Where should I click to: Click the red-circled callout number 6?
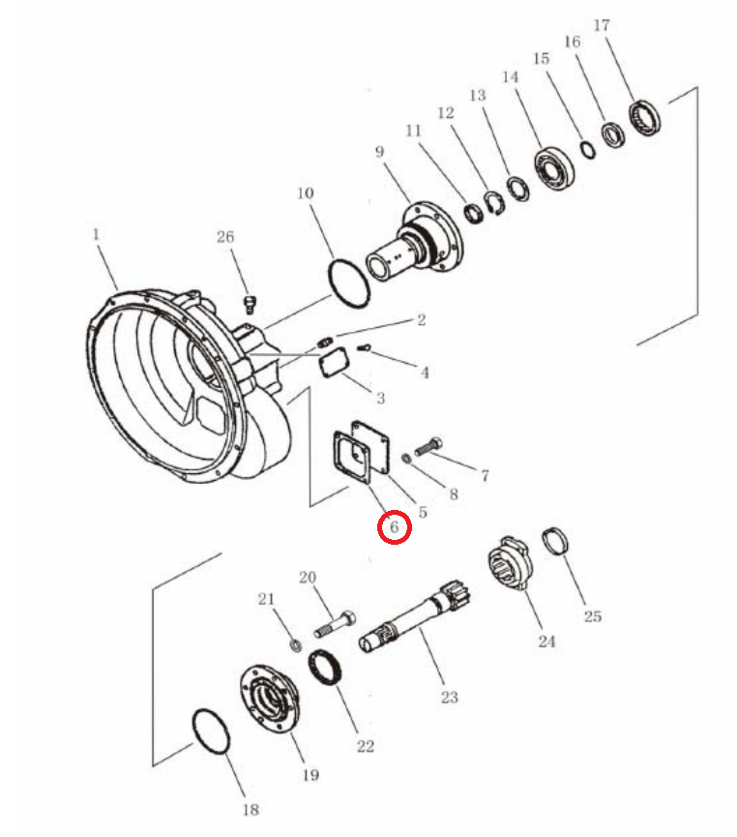coord(395,526)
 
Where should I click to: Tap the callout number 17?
coord(602,25)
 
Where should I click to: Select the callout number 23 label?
coord(450,697)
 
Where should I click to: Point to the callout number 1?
coord(96,234)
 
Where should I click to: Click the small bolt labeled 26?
coord(250,304)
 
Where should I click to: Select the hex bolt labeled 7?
coord(428,446)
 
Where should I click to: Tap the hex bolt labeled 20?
coord(336,623)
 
